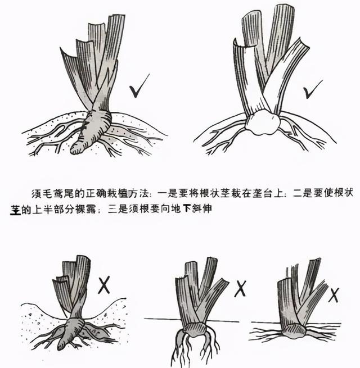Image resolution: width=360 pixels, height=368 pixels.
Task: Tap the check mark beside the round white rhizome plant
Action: point(312,90)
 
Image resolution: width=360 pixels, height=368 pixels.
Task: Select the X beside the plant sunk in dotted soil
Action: point(103,285)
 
